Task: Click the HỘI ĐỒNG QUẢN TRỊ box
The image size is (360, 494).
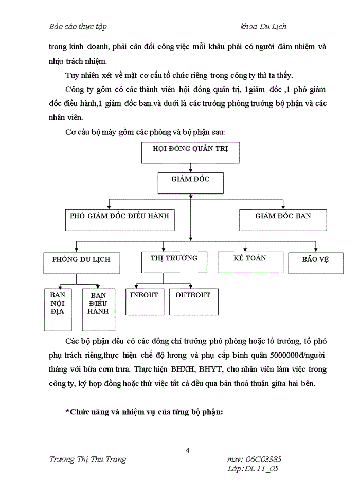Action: click(191, 152)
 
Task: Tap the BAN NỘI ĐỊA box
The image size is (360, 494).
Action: click(57, 309)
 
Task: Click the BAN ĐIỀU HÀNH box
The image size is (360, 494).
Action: click(98, 309)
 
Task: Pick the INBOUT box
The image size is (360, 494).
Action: click(145, 301)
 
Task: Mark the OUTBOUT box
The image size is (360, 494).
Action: click(193, 301)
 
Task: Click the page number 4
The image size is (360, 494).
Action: click(188, 451)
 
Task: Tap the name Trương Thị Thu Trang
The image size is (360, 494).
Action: click(87, 459)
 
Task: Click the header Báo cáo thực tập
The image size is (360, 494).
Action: click(78, 26)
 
